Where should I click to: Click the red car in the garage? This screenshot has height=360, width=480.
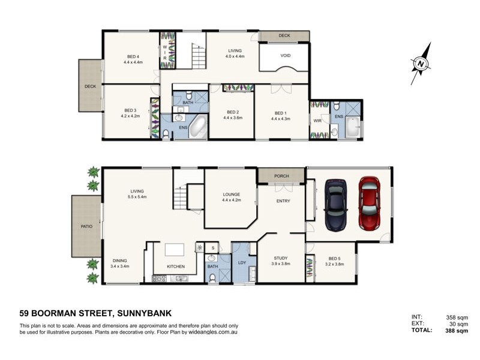click(x=370, y=203)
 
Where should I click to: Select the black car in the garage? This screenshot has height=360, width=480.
click(x=336, y=205)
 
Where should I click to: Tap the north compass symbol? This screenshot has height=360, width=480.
click(x=422, y=62)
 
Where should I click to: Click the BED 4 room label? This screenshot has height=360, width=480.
click(x=132, y=57)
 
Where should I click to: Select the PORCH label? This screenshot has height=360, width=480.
click(x=281, y=176)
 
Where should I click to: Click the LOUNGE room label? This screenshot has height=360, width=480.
click(x=231, y=194)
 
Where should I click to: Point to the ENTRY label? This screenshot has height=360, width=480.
click(x=283, y=202)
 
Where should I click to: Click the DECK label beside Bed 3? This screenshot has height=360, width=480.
click(x=90, y=86)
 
